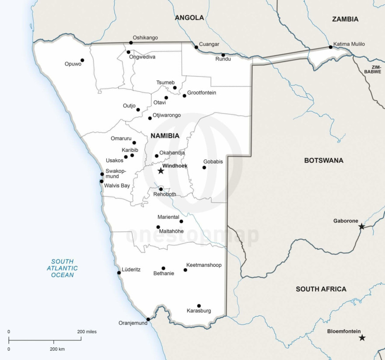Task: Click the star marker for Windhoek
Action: pyautogui.click(x=161, y=171)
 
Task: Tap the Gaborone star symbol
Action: pyautogui.click(x=361, y=227)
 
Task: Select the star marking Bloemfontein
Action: pyautogui.click(x=362, y=338)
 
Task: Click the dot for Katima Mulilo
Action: pyautogui.click(x=331, y=47)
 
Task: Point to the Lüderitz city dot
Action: pyautogui.click(x=119, y=273)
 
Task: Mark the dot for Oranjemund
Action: pyautogui.click(x=148, y=319)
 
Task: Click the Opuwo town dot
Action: pyautogui.click(x=82, y=60)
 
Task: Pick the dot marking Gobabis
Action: pyautogui.click(x=204, y=168)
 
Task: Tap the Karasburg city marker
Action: pyautogui.click(x=199, y=306)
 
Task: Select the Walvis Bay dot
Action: pyautogui.click(x=101, y=181)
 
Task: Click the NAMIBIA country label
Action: pyautogui.click(x=165, y=136)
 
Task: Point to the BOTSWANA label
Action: pyautogui.click(x=324, y=161)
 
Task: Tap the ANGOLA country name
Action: pyautogui.click(x=189, y=18)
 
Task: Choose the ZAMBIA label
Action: pyautogui.click(x=345, y=19)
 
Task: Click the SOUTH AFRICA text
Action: pyautogui.click(x=321, y=289)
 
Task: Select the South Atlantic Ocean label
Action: pyautogui.click(x=62, y=268)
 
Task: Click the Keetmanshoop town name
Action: pyautogui.click(x=204, y=265)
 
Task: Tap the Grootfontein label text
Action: pyautogui.click(x=202, y=93)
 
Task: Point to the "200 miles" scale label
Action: pyautogui.click(x=87, y=332)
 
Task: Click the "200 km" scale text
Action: pyautogui.click(x=57, y=349)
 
